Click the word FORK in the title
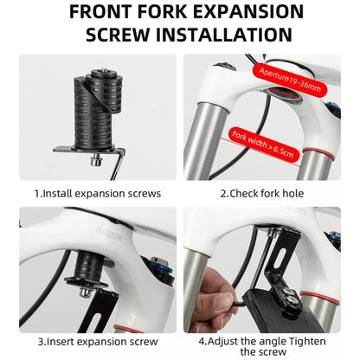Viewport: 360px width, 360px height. coord(162,12)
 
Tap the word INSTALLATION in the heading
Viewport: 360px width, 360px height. coord(224,35)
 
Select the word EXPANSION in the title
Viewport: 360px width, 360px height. coord(248,12)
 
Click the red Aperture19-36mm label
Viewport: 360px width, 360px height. coord(290,80)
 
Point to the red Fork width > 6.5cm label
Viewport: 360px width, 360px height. coord(263,144)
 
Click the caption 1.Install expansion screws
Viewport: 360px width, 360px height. coord(98,193)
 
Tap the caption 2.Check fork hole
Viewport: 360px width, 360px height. coord(262,193)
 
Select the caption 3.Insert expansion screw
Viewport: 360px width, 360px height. coord(98,342)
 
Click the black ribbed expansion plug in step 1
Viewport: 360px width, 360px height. coord(97,111)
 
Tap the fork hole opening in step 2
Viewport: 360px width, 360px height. coord(283,94)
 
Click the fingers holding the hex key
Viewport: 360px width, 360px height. coord(214,297)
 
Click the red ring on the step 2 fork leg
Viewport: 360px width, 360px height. coord(318,153)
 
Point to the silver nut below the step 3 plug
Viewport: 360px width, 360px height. coord(86,292)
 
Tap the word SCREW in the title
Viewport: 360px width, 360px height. coord(118,35)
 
